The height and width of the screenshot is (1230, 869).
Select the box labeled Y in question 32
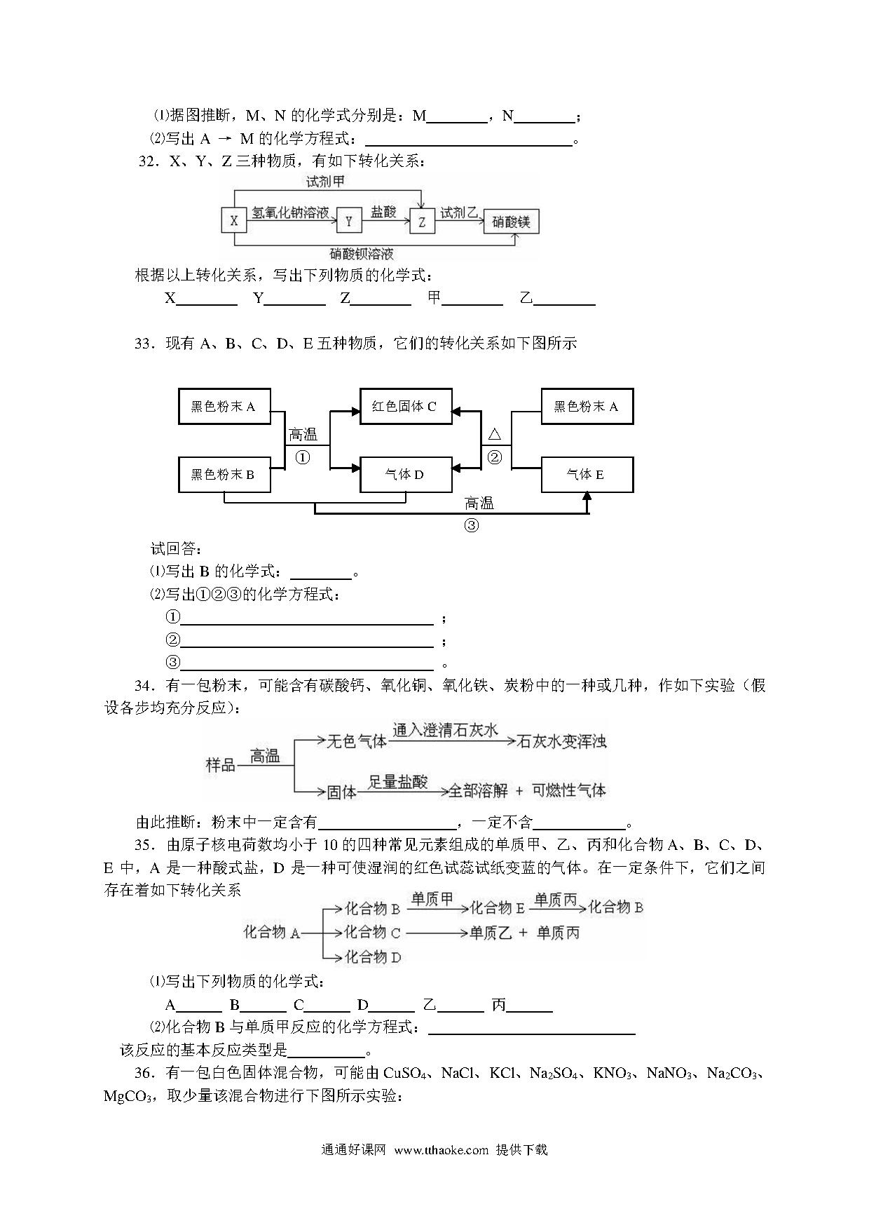point(348,222)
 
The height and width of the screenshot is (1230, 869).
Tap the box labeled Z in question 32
point(422,222)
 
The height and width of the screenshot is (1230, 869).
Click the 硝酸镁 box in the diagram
point(512,222)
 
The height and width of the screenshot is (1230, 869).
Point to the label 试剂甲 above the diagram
point(325,182)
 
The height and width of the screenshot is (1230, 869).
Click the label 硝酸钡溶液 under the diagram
point(362,253)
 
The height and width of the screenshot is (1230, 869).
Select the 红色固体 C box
point(406,407)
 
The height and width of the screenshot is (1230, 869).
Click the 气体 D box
point(406,475)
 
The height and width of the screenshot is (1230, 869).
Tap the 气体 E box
point(587,475)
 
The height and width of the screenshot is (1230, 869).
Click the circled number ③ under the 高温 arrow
point(472,525)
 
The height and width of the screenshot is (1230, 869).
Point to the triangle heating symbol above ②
point(494,435)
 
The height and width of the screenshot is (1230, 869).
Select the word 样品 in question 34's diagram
point(220,764)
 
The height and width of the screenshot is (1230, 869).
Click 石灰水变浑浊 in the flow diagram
point(561,741)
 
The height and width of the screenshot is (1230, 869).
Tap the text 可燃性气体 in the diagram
point(569,790)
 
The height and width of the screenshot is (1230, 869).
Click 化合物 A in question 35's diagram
point(272,932)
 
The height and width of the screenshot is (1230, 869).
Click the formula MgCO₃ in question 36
point(128,1096)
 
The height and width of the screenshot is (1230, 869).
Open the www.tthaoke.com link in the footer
point(441,1150)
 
